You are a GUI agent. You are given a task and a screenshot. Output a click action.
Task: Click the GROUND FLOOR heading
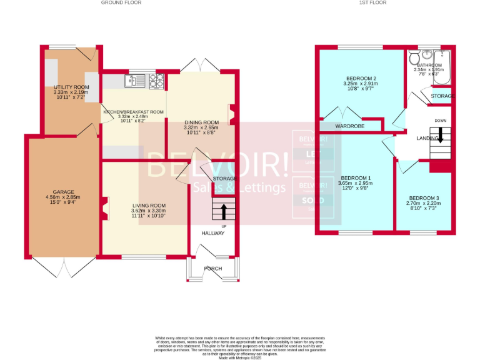click(121, 2)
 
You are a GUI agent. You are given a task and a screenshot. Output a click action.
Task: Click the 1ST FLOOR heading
click(372, 2)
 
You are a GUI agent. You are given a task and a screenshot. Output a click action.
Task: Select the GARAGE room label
click(64, 192)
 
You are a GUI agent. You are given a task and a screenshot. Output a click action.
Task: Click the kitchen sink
click(134, 80)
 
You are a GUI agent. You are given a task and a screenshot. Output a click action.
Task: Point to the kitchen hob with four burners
click(156, 80)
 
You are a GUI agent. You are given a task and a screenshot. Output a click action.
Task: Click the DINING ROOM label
click(201, 122)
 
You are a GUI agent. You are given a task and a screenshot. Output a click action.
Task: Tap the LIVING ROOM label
click(148, 206)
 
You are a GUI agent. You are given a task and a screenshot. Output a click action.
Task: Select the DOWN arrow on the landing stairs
click(440, 134)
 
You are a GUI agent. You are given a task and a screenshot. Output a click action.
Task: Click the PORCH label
click(212, 269)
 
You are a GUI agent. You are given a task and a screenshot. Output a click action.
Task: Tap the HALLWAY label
click(212, 233)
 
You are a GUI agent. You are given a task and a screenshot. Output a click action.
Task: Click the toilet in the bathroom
click(414, 59)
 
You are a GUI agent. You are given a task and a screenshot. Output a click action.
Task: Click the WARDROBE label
click(350, 126)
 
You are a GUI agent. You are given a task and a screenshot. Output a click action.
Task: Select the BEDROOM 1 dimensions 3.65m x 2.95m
click(354, 184)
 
